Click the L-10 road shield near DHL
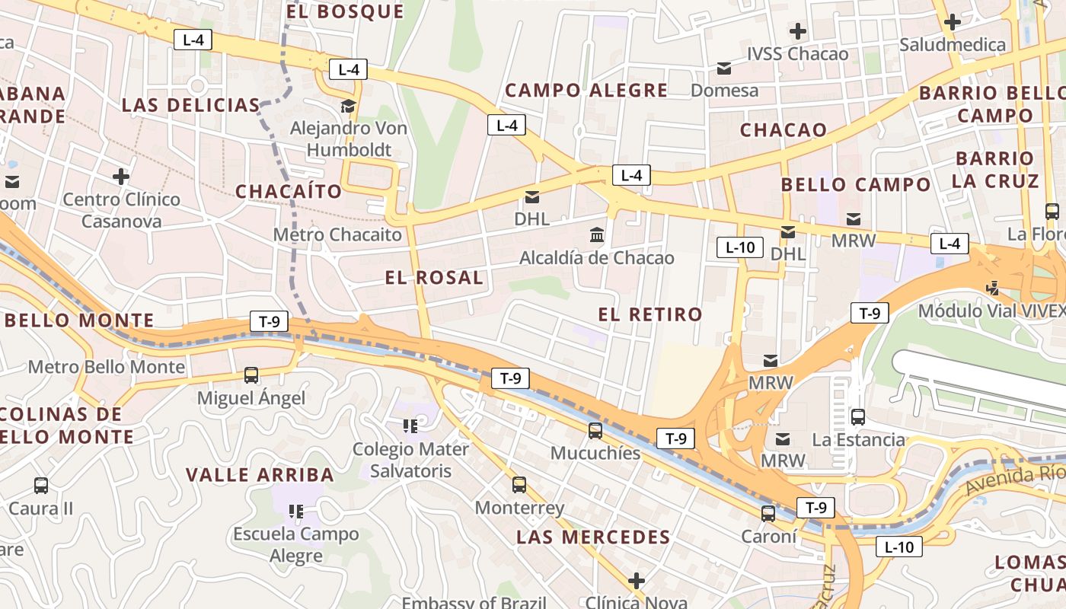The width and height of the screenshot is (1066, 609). tap(740, 247)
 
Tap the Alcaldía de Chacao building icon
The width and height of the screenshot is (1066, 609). tap(597, 235)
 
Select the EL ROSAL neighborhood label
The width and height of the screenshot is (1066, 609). tap(434, 278)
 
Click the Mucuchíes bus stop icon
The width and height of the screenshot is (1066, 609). tap(595, 431)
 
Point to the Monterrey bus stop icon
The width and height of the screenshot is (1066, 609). tap(519, 484)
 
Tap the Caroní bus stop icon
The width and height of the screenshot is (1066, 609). tap(768, 514)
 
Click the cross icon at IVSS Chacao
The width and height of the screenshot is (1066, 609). tap(797, 31)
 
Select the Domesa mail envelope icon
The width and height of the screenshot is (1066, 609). tap(724, 69)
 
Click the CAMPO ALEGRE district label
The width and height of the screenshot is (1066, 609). tap(586, 91)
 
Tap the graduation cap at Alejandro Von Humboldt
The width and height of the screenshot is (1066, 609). tap(348, 106)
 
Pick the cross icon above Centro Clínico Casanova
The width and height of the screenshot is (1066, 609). tap(121, 177)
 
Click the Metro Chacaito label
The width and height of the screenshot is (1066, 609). tap(337, 234)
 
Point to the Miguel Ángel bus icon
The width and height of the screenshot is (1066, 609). tap(251, 375)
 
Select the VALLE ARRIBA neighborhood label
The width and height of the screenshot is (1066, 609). tap(260, 475)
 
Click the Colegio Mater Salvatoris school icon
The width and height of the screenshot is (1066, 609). tap(410, 426)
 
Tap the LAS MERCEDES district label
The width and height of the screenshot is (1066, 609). tap(593, 537)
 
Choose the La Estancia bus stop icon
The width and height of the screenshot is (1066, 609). tap(858, 416)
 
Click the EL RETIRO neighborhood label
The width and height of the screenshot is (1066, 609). tap(650, 314)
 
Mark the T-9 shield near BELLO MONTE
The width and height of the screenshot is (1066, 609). tap(269, 321)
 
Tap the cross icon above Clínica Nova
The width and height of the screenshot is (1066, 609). tap(636, 581)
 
